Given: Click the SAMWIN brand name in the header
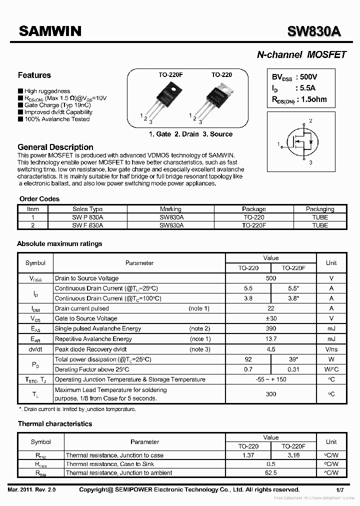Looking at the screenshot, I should coord(50,31).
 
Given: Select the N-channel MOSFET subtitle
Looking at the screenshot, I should coord(301,55).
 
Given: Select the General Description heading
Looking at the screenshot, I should coord(55,147).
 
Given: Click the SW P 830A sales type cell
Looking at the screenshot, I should coord(87,217).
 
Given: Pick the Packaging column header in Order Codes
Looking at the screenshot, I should coord(320,209).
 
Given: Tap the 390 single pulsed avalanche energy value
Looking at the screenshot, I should coord(271,328).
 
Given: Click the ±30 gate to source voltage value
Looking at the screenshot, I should coord(271,318).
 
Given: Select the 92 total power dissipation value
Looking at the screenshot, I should coord(248,359).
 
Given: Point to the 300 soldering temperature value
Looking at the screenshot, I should coord(271,394).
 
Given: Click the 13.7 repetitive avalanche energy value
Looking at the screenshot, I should coord(271,339).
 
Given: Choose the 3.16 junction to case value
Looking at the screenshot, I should coord(293,455).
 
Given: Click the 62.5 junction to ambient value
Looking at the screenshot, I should coord(271,472).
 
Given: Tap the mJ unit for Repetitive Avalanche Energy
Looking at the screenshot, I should coord(331,339).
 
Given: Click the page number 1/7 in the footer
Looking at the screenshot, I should coord(340,490).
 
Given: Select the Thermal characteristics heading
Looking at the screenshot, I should coord(55,424).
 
